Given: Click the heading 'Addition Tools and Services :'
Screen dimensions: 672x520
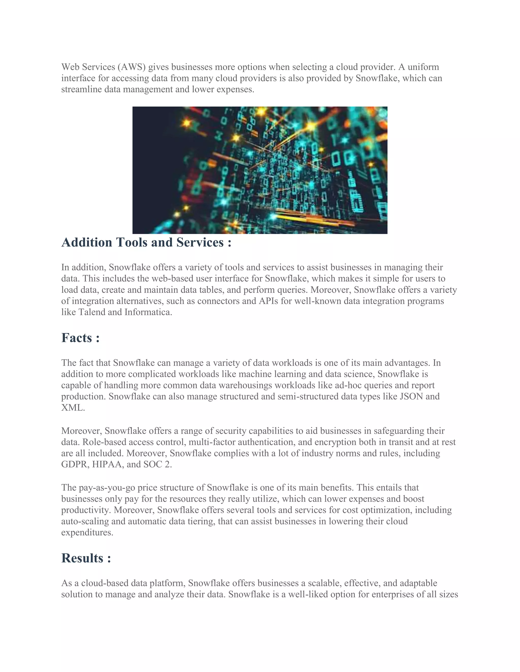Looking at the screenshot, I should point(146,242).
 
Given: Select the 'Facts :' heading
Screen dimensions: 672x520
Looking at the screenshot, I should point(80,338).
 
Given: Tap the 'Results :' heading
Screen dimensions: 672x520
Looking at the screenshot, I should point(86,558).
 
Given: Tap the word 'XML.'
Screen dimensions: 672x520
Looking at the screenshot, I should point(73,408).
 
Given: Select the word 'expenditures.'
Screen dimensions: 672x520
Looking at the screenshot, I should point(87,533).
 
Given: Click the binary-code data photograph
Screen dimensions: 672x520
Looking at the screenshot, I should point(260,170).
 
